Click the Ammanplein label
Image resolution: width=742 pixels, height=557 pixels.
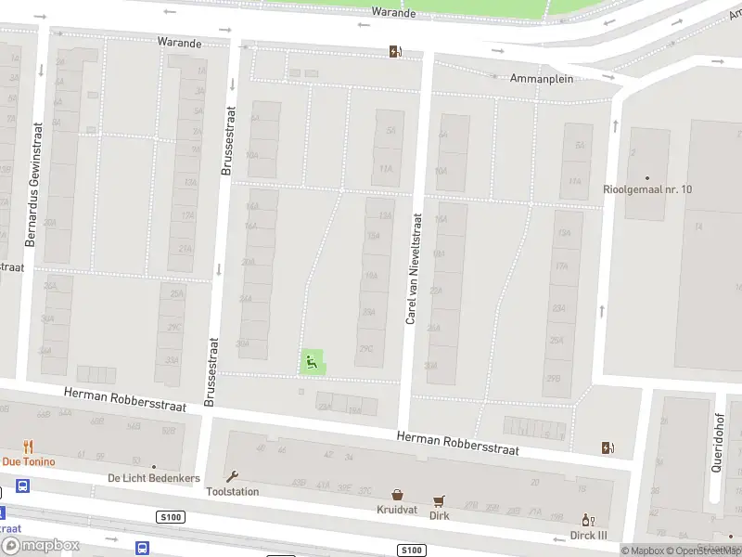point(542,79)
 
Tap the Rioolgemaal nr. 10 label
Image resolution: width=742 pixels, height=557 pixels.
point(660,189)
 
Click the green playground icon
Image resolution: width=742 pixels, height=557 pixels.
point(313,362)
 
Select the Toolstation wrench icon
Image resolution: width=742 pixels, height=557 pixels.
point(232,476)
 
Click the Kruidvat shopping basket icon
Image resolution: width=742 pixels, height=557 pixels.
point(398,496)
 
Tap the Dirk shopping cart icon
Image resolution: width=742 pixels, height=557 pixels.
point(439,500)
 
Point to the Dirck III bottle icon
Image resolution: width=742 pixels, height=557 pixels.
point(586,520)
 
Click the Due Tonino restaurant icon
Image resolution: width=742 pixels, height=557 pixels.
point(28,447)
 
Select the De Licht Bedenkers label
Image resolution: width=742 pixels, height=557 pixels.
point(153,478)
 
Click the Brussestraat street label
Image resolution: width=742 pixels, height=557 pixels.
point(228,140)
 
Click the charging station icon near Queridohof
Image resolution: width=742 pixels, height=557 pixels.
point(608,448)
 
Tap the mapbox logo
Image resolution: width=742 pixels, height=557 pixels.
point(40,546)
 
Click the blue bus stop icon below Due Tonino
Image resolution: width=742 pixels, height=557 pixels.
point(22,486)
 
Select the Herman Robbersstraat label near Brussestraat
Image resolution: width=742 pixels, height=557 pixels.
point(125,400)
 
